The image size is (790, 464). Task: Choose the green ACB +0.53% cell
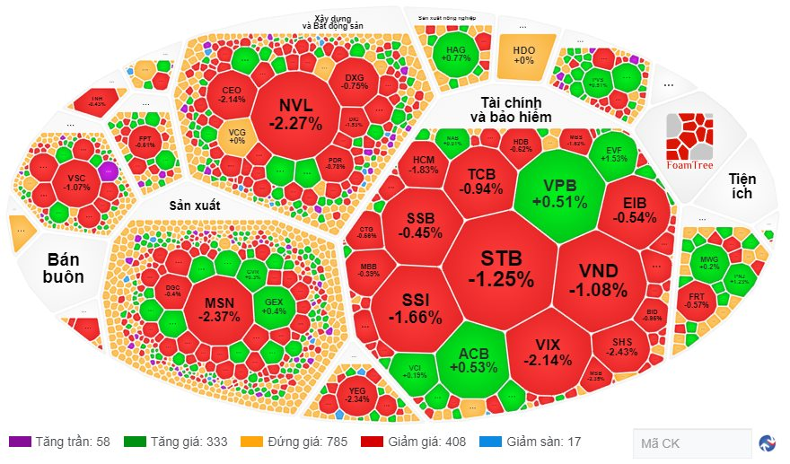[x=472, y=359]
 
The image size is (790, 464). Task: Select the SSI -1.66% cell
[x=415, y=307]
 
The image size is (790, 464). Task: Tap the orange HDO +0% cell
[x=524, y=55]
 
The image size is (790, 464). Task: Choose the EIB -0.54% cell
[x=634, y=209]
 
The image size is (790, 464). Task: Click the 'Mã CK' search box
[x=691, y=442]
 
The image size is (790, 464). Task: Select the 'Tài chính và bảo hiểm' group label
[x=516, y=109]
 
